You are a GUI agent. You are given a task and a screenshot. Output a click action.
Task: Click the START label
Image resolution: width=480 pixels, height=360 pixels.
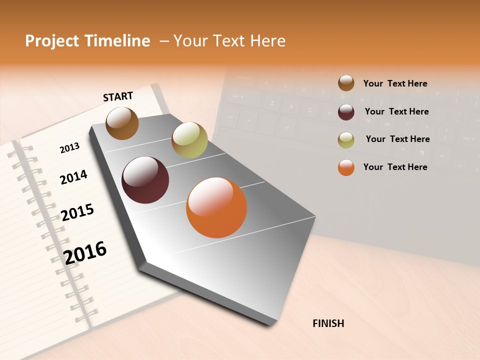click(x=118, y=96)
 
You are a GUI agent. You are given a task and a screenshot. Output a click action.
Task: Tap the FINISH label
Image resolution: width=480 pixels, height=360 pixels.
click(x=328, y=323)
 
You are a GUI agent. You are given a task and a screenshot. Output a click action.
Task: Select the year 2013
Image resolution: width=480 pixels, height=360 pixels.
click(x=69, y=147)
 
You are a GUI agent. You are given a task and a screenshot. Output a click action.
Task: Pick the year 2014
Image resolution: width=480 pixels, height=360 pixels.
click(x=73, y=177)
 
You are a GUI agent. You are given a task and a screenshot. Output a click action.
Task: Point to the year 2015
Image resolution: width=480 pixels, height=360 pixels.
click(x=77, y=212)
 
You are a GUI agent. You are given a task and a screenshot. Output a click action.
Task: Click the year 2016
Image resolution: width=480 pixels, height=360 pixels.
click(x=85, y=252)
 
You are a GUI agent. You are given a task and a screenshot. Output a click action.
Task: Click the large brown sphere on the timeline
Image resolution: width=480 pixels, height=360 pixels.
click(x=122, y=123)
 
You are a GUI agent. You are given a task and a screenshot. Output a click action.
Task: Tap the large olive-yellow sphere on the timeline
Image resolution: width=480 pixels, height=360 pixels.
click(x=189, y=139)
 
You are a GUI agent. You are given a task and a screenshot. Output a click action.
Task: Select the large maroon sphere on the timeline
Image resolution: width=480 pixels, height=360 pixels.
click(x=145, y=180)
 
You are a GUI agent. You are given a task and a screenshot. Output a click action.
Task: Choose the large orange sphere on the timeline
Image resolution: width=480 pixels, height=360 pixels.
click(x=216, y=207)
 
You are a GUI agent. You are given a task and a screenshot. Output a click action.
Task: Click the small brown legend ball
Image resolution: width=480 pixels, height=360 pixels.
click(x=346, y=83)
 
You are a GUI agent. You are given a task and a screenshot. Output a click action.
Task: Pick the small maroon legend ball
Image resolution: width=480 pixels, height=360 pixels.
click(x=346, y=111)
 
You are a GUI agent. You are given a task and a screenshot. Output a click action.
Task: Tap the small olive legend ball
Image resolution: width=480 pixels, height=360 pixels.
click(x=346, y=140)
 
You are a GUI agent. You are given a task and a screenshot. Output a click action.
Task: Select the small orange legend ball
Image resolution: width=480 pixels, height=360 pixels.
click(x=346, y=167)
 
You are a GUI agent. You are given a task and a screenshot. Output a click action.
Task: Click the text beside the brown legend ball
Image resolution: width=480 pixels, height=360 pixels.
click(x=395, y=83)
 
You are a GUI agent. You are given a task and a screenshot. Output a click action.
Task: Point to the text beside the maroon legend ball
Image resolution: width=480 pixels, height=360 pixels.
click(x=396, y=111)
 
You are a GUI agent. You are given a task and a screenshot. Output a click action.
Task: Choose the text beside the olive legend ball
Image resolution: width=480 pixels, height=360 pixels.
click(x=397, y=139)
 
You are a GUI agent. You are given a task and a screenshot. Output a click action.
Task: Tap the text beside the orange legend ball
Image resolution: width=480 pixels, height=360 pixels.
click(x=395, y=167)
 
